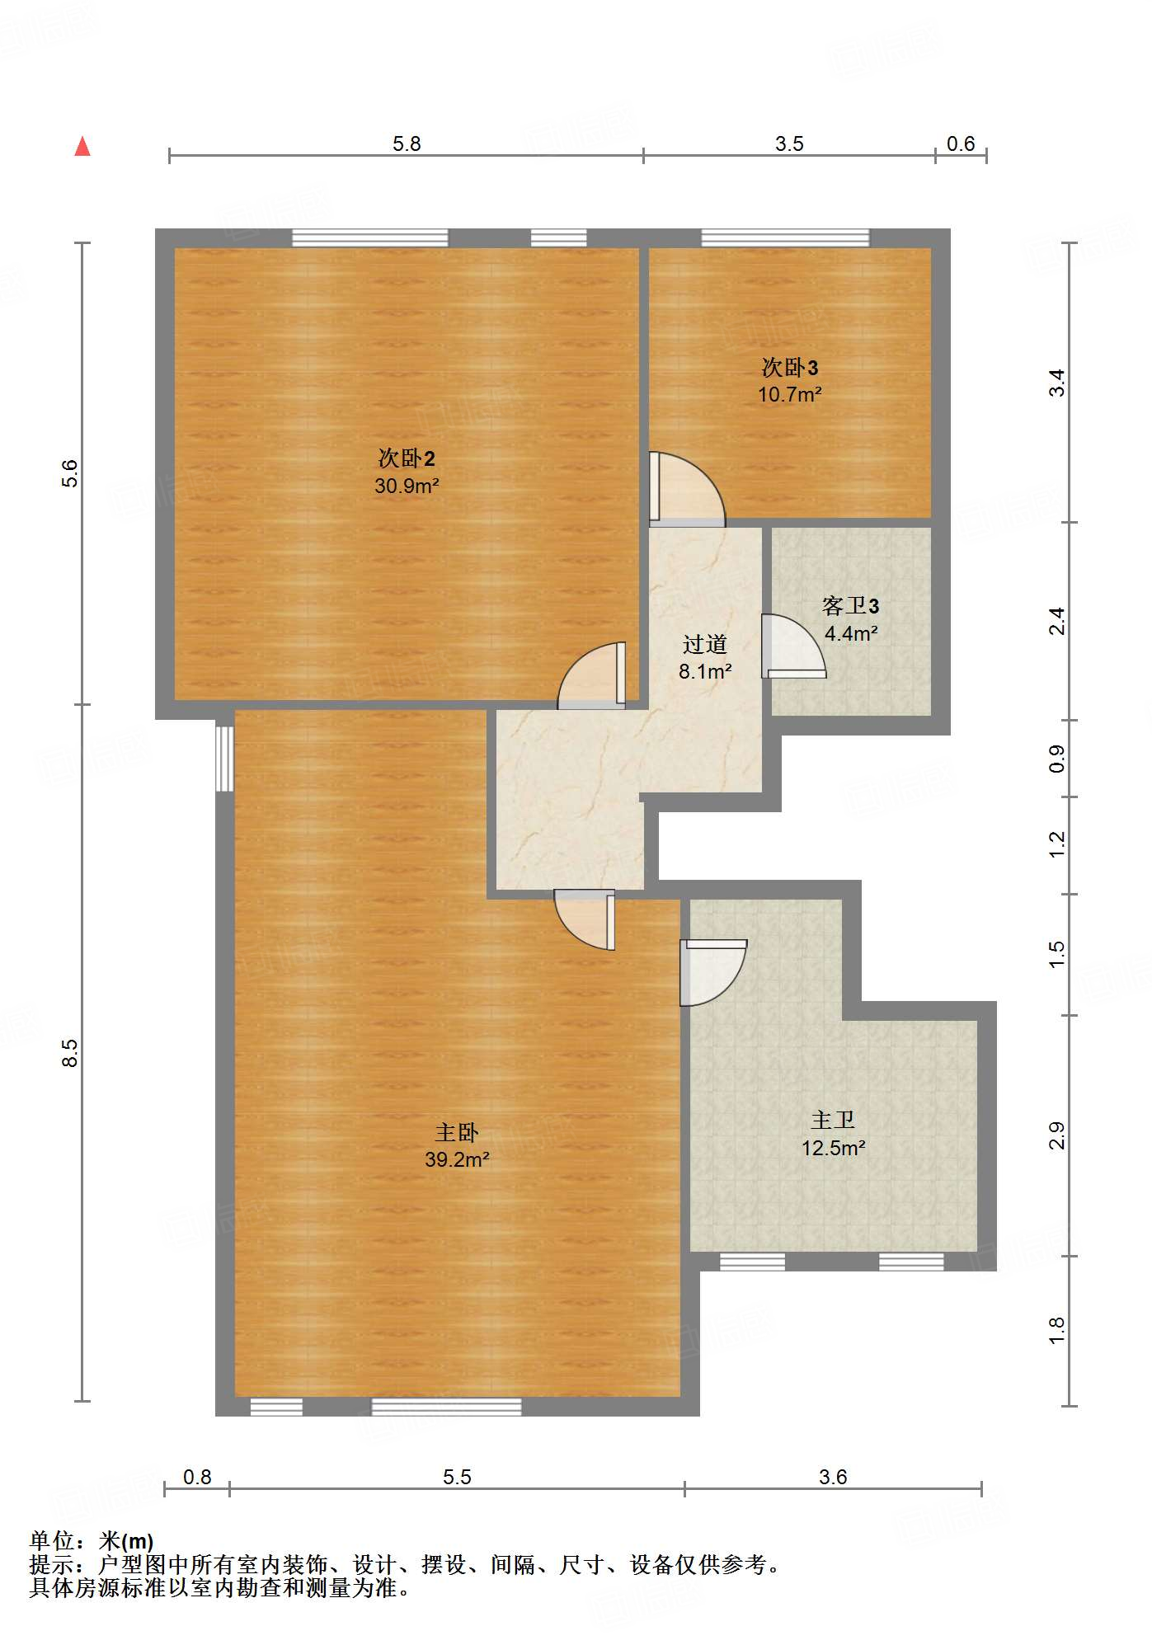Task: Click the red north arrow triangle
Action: point(82,146)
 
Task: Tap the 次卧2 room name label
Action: point(407,458)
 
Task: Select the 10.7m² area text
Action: point(790,394)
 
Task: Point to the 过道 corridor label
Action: point(705,643)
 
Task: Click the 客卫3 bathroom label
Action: point(851,606)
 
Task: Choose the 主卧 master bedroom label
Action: point(457,1132)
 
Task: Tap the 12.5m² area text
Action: point(834,1148)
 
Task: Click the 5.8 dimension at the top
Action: point(407,144)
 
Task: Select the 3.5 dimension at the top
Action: point(789,144)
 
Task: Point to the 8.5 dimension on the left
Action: point(70,1053)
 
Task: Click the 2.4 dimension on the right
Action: point(1057,621)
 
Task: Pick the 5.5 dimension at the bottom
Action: point(457,1477)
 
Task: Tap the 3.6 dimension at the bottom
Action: point(833,1477)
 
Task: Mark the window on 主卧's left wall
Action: point(224,759)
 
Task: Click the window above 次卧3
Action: point(785,238)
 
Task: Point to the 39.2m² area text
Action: point(457,1159)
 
